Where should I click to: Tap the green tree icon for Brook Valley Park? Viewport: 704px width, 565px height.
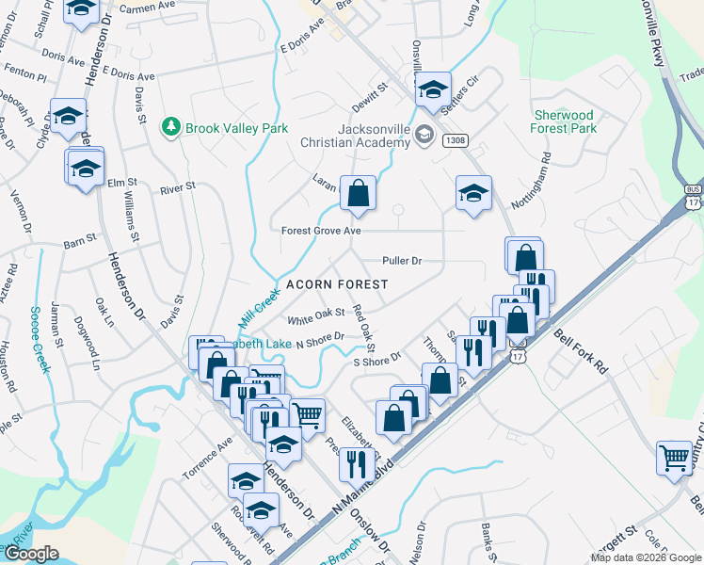point(170,126)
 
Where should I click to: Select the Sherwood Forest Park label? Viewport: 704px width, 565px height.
point(565,121)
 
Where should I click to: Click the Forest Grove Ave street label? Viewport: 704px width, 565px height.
point(321,231)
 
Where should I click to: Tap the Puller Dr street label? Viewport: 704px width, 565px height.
point(402,260)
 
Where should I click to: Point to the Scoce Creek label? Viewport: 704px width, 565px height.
point(40,338)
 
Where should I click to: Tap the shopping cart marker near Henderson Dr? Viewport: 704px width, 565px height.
point(308,413)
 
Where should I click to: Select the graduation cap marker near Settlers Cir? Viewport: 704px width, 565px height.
point(433,89)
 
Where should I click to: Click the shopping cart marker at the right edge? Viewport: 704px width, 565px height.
point(675,459)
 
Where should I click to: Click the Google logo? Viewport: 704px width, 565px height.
point(30,554)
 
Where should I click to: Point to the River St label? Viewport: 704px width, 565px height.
point(177,187)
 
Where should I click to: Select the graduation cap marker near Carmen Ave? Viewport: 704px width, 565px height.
point(83,8)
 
